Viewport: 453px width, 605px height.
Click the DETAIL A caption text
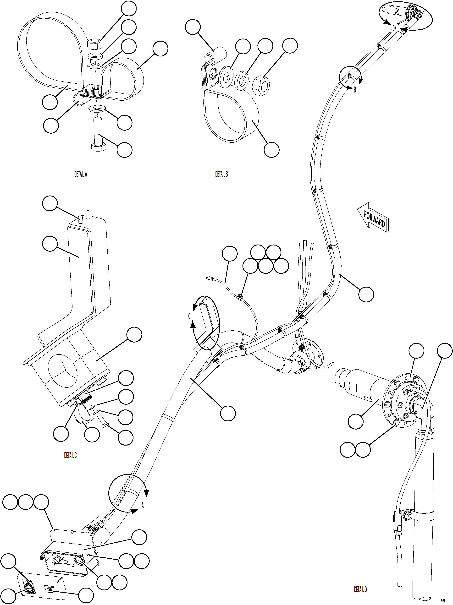(x=81, y=174)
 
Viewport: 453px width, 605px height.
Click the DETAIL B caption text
(x=221, y=174)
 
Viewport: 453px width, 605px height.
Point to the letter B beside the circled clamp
(x=355, y=90)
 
